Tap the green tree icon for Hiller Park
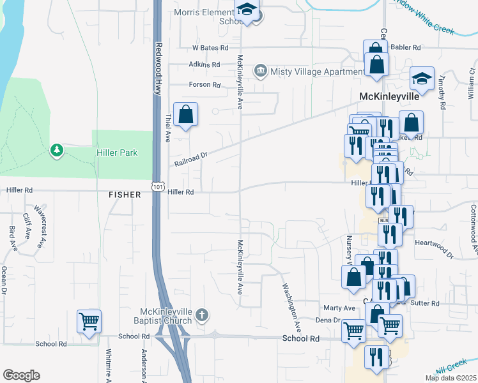[x=58, y=150]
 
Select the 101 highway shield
[x=157, y=186]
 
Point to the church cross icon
[x=202, y=314]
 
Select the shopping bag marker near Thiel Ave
[x=185, y=116]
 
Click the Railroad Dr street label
[x=192, y=159]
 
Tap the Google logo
[x=21, y=375]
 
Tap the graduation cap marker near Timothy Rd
[x=422, y=79]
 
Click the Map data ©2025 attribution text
[x=451, y=378]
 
